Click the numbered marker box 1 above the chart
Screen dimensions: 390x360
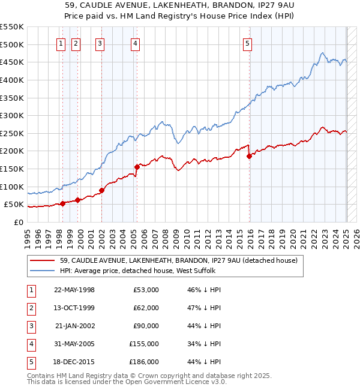61,43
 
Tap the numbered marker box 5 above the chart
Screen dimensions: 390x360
248,43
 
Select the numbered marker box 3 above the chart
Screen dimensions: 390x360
100,43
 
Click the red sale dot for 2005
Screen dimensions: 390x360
137,167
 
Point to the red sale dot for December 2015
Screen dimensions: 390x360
249,156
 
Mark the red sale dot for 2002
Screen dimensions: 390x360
101,190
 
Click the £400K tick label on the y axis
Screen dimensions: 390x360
12,80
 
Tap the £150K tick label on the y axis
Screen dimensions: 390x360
12,169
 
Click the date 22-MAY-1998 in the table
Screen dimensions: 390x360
74,290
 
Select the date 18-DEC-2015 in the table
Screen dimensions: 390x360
74,362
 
